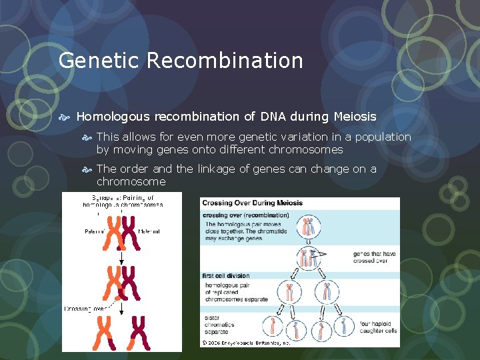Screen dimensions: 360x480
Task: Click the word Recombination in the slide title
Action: tap(225, 61)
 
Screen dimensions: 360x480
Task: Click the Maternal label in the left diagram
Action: tap(149, 231)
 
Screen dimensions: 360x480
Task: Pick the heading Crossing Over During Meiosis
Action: tap(252, 203)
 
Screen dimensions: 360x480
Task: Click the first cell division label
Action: tap(225, 275)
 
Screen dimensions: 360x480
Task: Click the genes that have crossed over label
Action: tap(375, 258)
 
